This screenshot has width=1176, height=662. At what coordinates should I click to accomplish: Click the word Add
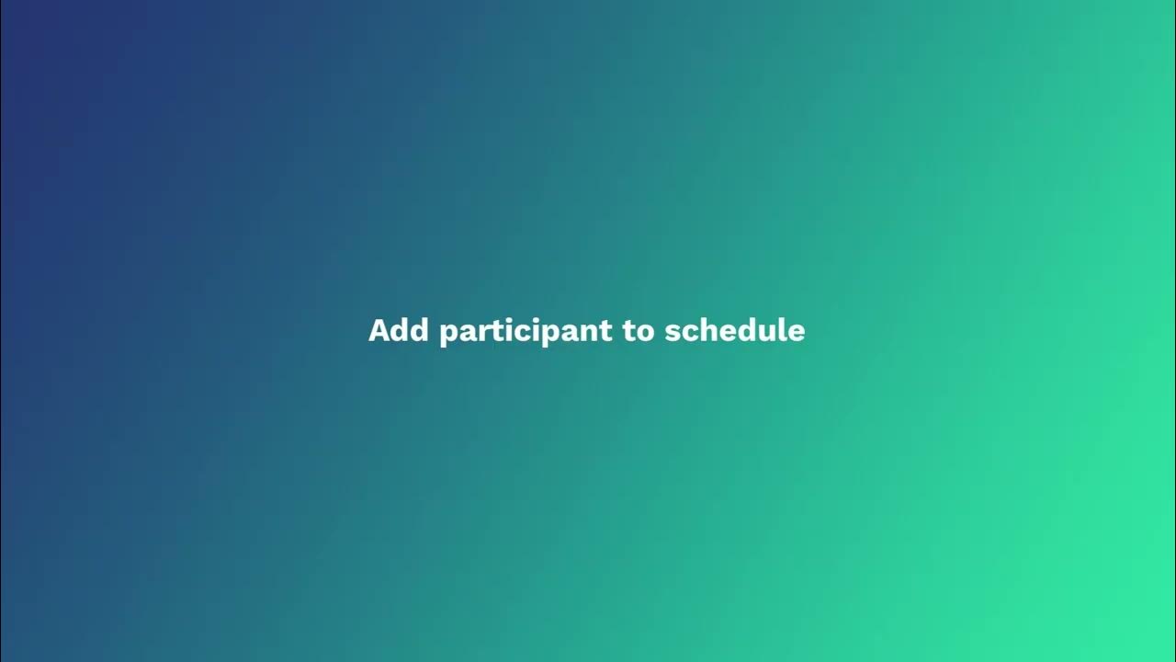coord(399,330)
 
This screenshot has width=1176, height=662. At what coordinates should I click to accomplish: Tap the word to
coord(639,330)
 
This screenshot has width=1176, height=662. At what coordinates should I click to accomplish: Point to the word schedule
coord(734,330)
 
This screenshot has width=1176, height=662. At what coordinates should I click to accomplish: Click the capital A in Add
coord(379,330)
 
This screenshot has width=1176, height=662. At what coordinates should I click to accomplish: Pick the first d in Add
coord(401,330)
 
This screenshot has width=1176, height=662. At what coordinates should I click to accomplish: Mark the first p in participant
coord(448,334)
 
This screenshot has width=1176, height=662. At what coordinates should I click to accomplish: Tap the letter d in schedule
coord(745,330)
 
